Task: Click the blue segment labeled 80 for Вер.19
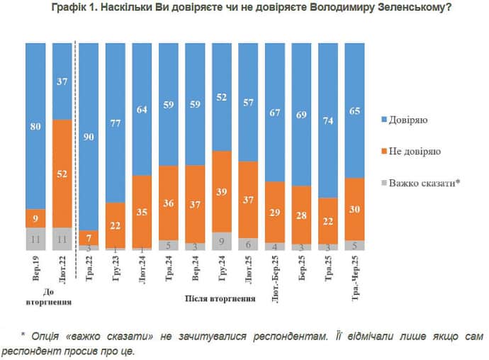(x=36, y=125)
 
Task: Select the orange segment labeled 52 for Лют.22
(x=62, y=173)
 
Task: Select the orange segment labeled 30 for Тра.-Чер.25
(x=354, y=209)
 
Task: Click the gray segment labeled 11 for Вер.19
(x=36, y=239)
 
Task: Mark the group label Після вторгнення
(x=220, y=299)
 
